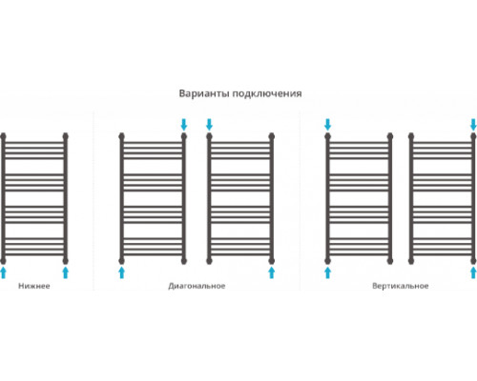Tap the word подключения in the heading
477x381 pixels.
pos(267,94)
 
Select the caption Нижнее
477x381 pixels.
pos(34,286)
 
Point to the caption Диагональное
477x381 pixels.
pos(197,286)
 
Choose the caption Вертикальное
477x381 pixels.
pos(401,286)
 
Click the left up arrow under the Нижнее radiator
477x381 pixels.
pos(3,272)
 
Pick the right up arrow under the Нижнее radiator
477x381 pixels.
pos(66,272)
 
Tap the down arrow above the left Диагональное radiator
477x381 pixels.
pos(184,125)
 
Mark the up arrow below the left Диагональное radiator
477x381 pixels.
pos(121,272)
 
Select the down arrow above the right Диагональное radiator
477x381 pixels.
pos(209,125)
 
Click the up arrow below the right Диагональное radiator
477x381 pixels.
pos(272,272)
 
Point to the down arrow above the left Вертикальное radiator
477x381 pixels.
pos(327,125)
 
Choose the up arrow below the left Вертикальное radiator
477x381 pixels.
pos(327,272)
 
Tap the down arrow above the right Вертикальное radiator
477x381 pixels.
pos(473,125)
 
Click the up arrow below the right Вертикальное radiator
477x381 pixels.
pos(473,272)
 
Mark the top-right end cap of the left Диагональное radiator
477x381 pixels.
pos(184,136)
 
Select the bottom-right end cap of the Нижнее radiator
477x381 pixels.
pos(66,261)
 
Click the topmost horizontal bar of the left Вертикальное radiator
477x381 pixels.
pos(359,143)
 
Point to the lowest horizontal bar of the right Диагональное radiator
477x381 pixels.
pos(240,254)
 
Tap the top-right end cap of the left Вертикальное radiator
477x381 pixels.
pos(390,136)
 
